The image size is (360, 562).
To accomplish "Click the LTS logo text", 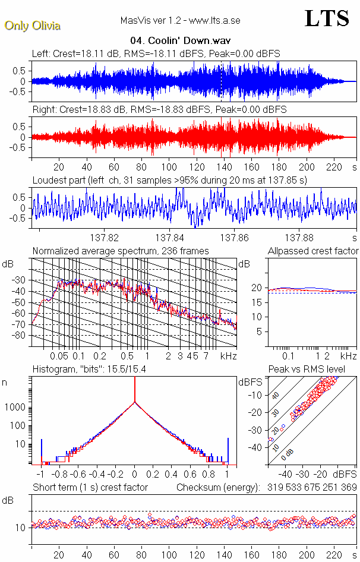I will [x=326, y=19].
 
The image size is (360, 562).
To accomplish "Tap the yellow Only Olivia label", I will [x=32, y=26].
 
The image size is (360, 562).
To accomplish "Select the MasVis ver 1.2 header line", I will [x=180, y=20].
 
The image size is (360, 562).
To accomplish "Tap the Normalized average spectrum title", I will [x=121, y=251].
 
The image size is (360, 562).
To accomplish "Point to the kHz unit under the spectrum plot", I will [x=229, y=356].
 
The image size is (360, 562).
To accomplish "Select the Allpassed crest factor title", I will [x=313, y=251].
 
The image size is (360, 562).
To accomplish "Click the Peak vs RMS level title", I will [x=307, y=370].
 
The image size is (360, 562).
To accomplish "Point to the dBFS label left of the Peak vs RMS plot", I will [x=250, y=382].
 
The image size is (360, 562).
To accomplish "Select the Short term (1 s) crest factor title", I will [x=90, y=487].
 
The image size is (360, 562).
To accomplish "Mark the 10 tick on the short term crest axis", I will [x=20, y=528].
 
